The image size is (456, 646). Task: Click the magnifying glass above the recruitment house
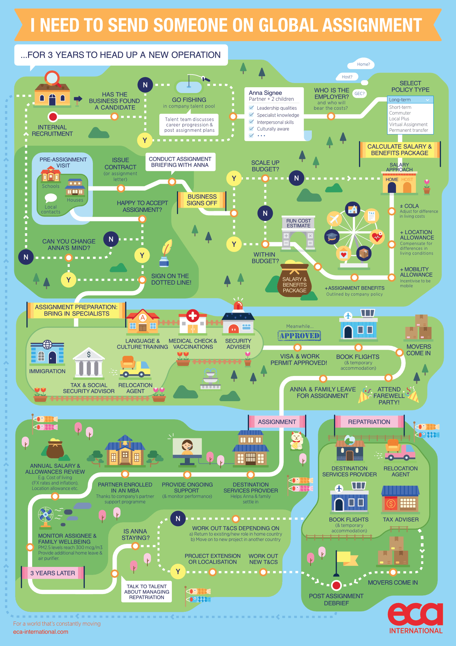[52, 78]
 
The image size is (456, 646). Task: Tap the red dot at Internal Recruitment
[53, 117]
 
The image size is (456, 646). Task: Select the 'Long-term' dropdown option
[410, 100]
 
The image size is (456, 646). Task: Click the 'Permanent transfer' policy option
[408, 130]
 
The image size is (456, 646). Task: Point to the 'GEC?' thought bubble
[360, 94]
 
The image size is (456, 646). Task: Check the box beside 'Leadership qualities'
[252, 108]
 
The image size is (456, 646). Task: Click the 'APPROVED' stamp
[299, 336]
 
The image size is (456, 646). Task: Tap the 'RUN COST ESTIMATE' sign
[299, 223]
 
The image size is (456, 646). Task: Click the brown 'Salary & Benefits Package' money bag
[294, 280]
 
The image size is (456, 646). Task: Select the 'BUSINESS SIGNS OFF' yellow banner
[202, 200]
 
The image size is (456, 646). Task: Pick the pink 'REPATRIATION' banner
[369, 422]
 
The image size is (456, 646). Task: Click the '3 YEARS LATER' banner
[53, 573]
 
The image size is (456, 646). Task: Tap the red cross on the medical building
[193, 316]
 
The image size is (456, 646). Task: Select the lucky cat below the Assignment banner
[296, 441]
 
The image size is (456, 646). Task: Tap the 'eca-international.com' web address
[41, 632]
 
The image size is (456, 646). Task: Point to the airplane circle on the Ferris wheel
[334, 219]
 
